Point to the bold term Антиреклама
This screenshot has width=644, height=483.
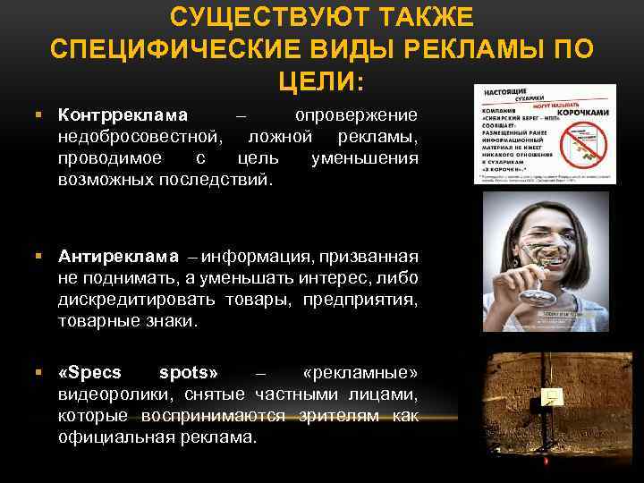point(119,258)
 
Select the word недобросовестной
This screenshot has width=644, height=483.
point(138,138)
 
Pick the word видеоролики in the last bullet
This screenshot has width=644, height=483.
point(115,394)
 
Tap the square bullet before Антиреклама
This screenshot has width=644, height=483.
point(40,258)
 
